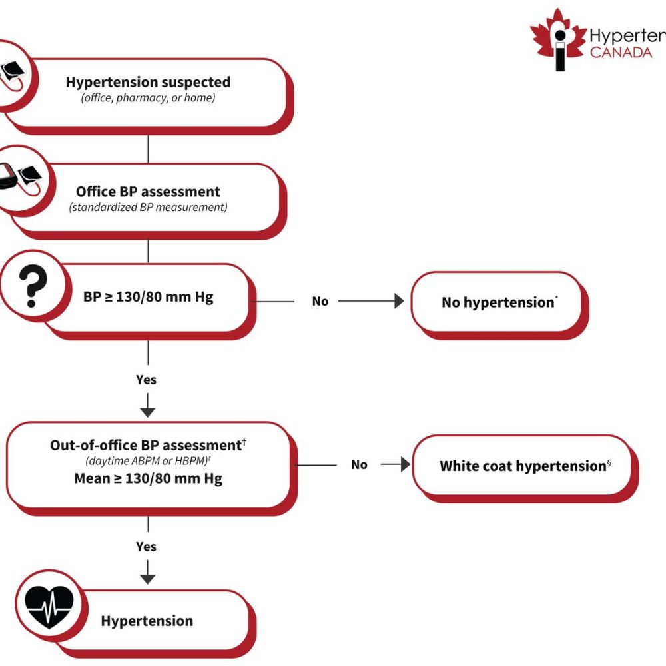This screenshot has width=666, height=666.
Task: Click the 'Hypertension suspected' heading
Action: (148, 83)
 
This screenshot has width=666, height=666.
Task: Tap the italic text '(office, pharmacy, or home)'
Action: (148, 99)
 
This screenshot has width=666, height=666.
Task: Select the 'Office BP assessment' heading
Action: (148, 192)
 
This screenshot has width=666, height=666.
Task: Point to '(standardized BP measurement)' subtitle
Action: (148, 208)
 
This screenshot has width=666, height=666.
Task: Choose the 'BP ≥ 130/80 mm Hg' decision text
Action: (149, 297)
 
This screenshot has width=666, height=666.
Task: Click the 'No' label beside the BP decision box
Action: (320, 302)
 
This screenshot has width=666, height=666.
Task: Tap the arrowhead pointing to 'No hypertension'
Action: (398, 302)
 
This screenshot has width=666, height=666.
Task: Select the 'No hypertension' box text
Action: (498, 302)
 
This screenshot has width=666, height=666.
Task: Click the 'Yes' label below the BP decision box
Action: (146, 380)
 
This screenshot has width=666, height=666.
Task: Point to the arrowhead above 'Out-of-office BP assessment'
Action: (148, 410)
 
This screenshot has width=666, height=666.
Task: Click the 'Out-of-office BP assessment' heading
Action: (145, 445)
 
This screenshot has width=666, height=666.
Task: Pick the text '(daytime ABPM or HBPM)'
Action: (145, 462)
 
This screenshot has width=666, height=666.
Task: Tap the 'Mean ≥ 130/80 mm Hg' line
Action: (148, 478)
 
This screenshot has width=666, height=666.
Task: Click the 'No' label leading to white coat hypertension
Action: (359, 465)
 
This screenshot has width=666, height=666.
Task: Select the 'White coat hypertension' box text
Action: (523, 466)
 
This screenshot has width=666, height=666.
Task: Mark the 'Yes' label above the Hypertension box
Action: (146, 547)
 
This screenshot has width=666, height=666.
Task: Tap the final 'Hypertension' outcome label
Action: (147, 621)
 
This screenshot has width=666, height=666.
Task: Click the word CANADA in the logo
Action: (621, 53)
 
